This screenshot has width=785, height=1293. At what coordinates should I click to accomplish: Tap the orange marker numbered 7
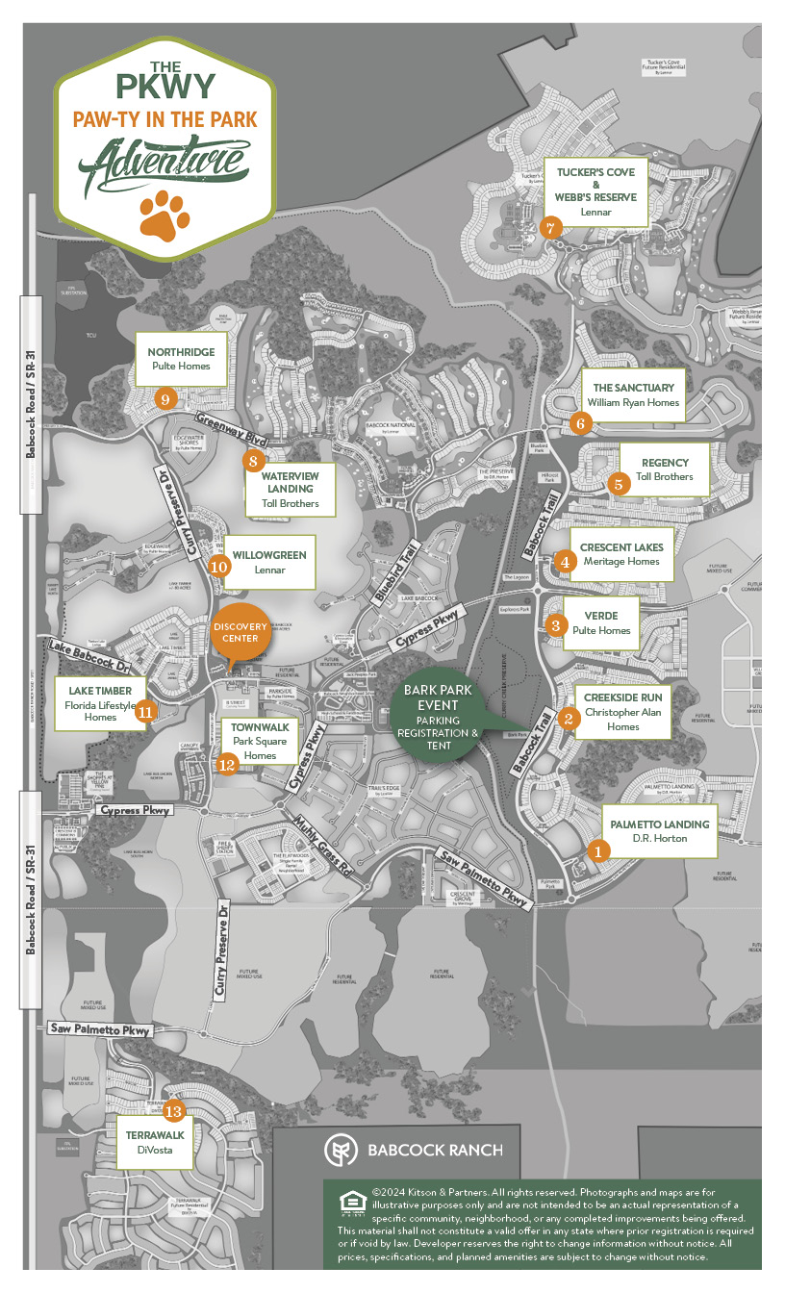549,228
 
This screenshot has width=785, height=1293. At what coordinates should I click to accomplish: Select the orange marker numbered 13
173,1110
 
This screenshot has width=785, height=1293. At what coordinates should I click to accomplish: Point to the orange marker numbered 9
165,398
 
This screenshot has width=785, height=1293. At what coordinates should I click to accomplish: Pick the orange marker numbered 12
227,765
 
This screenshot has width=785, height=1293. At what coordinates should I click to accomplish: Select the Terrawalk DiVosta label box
149,1142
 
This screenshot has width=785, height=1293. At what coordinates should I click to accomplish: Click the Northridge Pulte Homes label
182,359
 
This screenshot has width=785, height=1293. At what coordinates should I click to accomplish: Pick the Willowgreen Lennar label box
269,561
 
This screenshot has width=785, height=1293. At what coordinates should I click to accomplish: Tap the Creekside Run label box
622,712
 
